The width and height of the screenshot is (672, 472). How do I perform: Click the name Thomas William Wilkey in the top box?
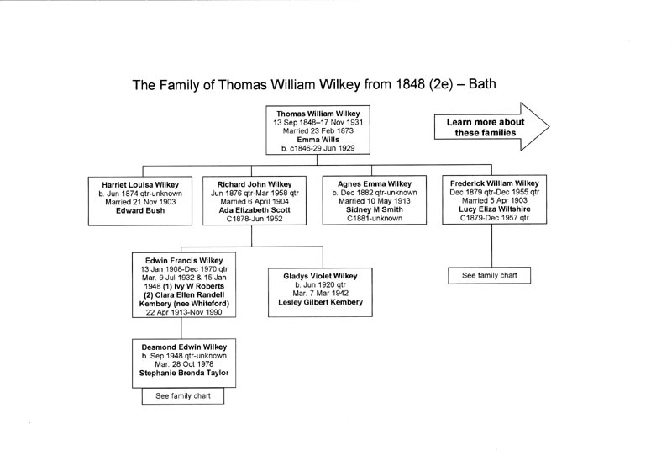318,114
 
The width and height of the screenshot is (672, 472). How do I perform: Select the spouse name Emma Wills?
318,140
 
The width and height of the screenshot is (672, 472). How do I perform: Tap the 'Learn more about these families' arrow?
491,127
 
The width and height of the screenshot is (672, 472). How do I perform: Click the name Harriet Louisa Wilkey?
140,185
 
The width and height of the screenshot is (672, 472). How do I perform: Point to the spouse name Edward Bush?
140,210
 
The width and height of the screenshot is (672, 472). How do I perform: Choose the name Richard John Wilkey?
255,184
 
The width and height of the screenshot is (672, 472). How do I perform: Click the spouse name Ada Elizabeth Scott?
255,210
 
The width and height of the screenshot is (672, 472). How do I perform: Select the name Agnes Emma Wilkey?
375,183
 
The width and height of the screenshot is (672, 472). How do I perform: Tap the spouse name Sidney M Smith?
375,209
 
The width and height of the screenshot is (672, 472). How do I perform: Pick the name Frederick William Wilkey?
495,183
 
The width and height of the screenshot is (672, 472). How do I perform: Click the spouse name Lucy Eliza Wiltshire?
495,209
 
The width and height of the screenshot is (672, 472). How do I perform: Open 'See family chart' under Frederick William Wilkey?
490,275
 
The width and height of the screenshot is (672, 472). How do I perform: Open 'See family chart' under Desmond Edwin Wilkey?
183,396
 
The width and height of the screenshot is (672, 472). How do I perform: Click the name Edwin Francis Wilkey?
184,261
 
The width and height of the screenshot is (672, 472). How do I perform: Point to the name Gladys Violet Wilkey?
320,276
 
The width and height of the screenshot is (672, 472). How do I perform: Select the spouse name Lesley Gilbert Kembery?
320,302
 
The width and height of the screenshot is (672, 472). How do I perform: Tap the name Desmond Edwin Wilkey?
184,347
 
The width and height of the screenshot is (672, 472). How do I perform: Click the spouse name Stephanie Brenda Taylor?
184,373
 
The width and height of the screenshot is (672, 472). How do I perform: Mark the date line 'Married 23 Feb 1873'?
318,131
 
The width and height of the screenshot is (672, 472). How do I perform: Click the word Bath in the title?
482,83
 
